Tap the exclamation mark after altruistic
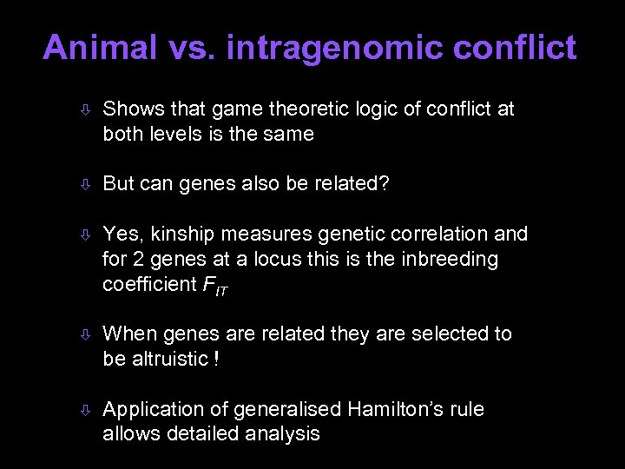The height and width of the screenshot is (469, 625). coord(214,359)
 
